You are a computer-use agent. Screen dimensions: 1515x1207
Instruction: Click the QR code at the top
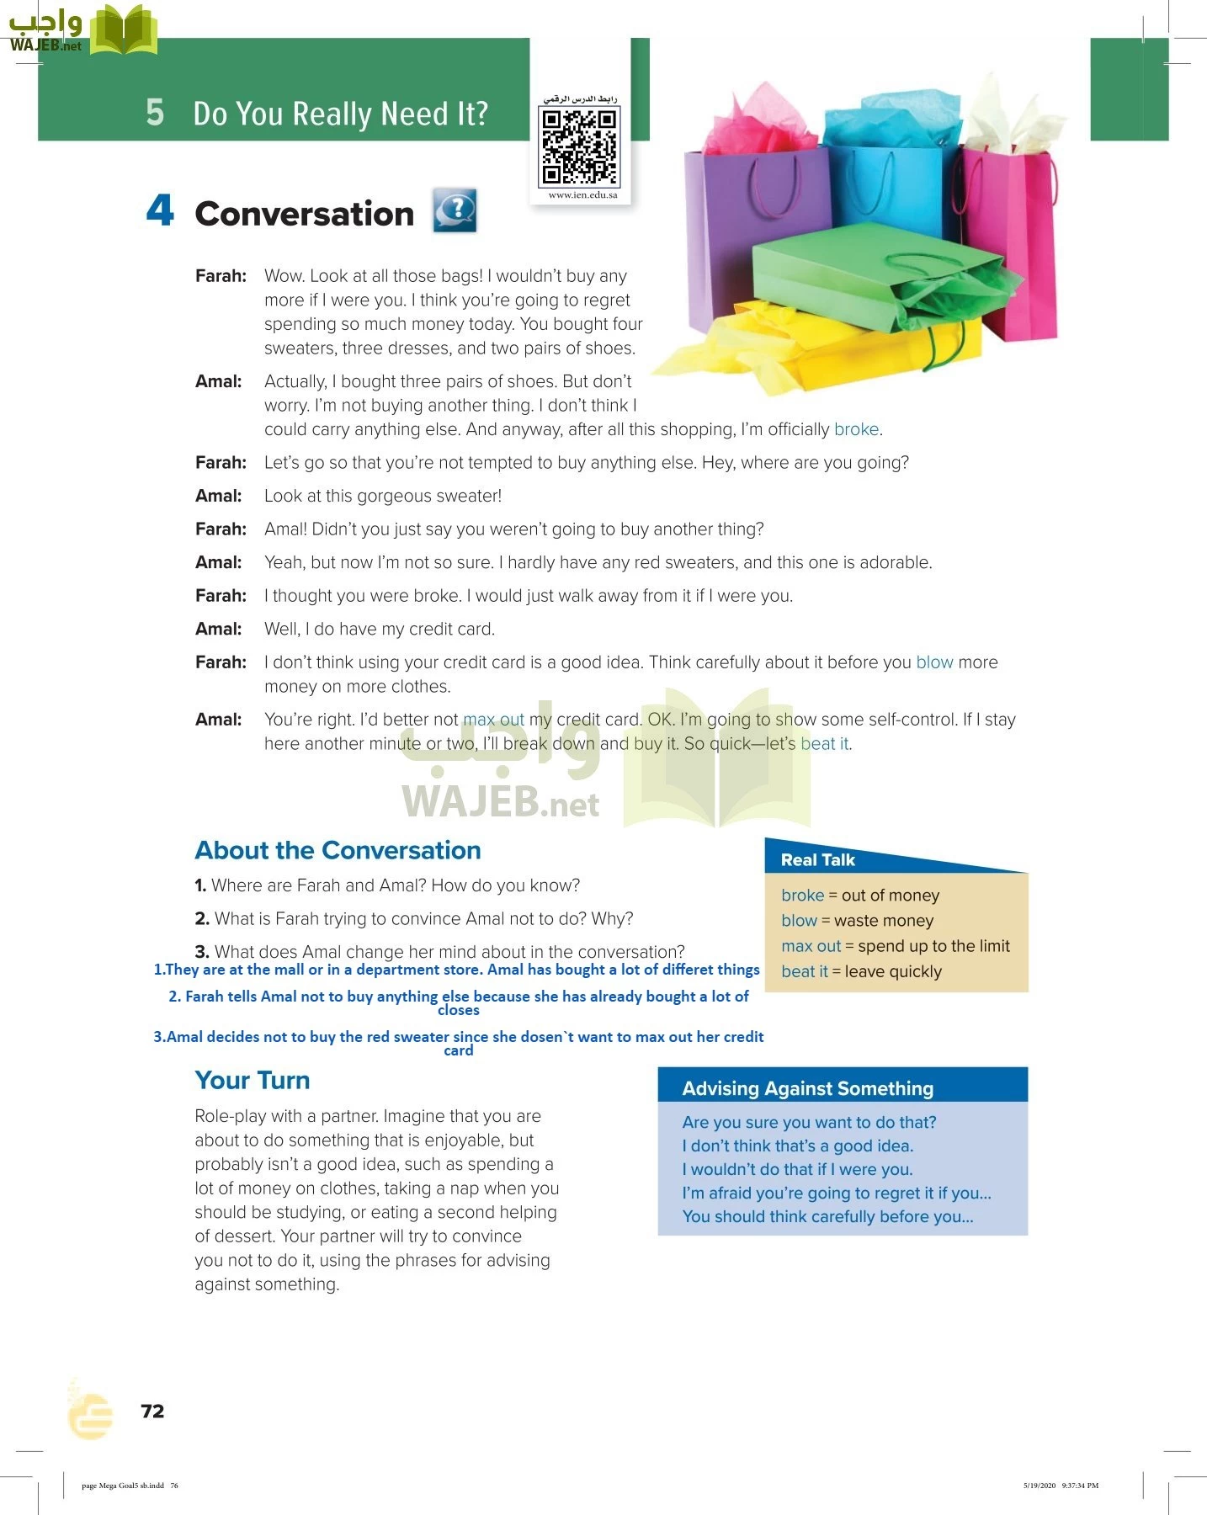pos(579,147)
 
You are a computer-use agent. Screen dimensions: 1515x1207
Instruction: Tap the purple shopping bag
pos(741,227)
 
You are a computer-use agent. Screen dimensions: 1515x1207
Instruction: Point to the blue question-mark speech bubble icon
pos(455,210)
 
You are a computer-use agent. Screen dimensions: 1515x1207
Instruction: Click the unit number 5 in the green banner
pos(155,112)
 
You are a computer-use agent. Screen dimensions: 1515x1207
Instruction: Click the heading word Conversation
pos(304,214)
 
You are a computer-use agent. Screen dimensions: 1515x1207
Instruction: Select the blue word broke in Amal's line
pos(856,429)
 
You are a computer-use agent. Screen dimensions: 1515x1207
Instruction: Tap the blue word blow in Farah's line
pos(934,662)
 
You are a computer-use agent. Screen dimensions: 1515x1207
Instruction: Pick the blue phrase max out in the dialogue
pos(493,720)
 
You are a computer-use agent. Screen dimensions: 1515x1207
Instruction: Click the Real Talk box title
pos(817,859)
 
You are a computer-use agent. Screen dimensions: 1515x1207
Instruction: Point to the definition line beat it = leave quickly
pos(861,971)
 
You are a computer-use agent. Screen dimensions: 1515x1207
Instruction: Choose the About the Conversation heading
pos(338,850)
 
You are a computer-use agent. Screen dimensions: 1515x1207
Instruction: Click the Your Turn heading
pos(252,1080)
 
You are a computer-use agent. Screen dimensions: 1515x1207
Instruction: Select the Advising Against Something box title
pos(807,1088)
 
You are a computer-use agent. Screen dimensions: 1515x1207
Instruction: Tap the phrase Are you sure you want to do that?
pos(809,1122)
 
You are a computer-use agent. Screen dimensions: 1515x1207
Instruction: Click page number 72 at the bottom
pos(152,1411)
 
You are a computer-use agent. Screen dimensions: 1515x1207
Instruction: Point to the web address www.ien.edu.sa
pos(582,195)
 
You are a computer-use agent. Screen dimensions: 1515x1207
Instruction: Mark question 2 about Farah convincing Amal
pos(413,918)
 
